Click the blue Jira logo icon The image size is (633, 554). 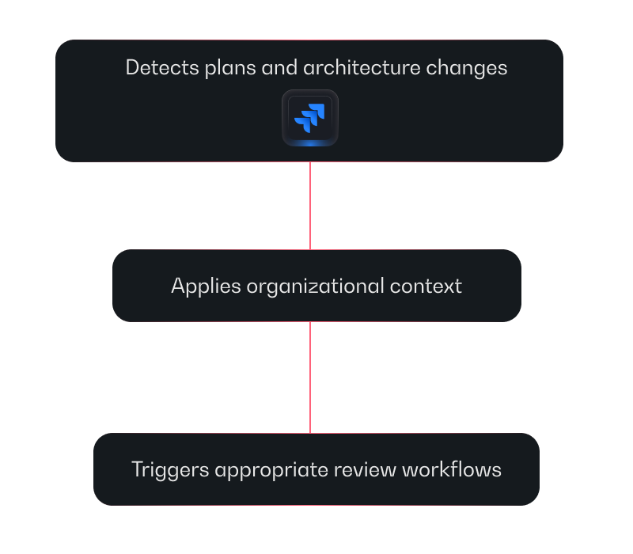(310, 117)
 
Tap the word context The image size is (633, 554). (426, 286)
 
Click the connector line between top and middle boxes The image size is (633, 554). (310, 206)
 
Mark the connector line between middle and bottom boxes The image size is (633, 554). (310, 377)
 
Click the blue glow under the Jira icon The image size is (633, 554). (310, 142)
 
